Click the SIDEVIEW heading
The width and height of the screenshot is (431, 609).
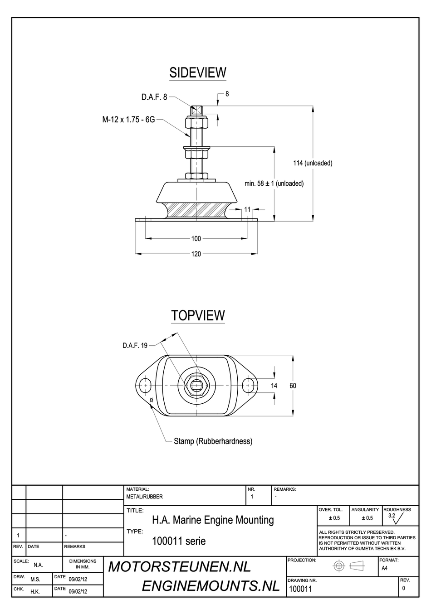click(x=197, y=72)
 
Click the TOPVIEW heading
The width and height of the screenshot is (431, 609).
click(x=198, y=315)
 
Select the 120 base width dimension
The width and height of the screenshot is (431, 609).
click(x=196, y=254)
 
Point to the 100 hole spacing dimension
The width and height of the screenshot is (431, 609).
click(x=196, y=238)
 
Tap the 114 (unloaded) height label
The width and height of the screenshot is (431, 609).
click(x=313, y=163)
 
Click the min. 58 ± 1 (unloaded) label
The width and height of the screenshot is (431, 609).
click(x=274, y=184)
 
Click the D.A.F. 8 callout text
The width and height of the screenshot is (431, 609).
click(x=154, y=97)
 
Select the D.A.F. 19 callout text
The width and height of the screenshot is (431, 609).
click(x=135, y=345)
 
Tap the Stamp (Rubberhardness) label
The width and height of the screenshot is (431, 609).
click(x=213, y=441)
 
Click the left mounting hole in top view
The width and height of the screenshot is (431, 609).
click(x=145, y=385)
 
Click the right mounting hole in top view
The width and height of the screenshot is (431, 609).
click(x=248, y=385)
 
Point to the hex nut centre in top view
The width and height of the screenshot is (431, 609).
click(x=196, y=385)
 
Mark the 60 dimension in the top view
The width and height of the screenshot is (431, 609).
click(x=293, y=386)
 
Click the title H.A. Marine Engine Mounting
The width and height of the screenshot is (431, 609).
click(x=213, y=520)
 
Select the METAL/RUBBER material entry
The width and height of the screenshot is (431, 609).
click(x=145, y=497)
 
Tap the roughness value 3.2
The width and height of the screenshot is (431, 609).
click(x=392, y=516)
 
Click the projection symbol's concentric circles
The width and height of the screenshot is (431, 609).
click(x=339, y=566)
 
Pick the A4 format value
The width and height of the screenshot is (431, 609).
click(x=384, y=568)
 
